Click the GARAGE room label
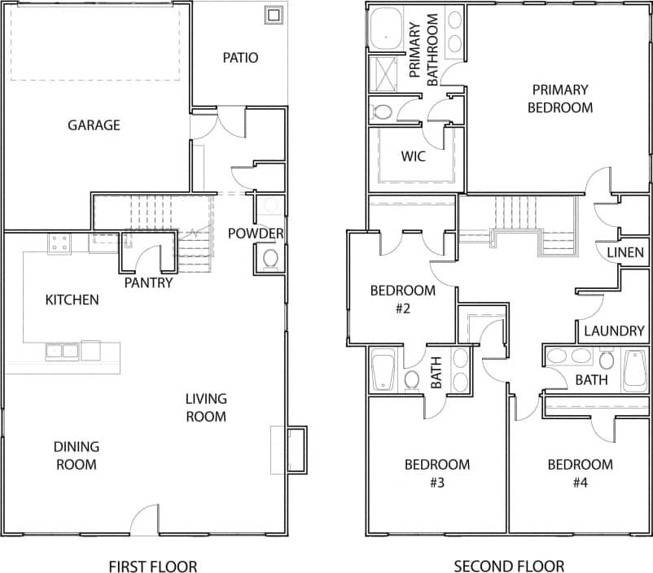click(94, 125)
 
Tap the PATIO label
click(240, 58)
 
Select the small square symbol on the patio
click(274, 15)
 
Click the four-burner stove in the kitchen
click(59, 243)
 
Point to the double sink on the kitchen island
click(62, 352)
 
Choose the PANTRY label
click(148, 283)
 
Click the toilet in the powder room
click(270, 259)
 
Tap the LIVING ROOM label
click(205, 408)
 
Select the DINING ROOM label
click(77, 456)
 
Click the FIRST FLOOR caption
click(152, 566)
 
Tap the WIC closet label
click(415, 156)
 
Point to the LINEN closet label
click(625, 253)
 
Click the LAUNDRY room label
click(614, 331)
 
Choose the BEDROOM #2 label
click(402, 299)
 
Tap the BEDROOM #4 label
click(580, 473)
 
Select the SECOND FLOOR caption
click(509, 566)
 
